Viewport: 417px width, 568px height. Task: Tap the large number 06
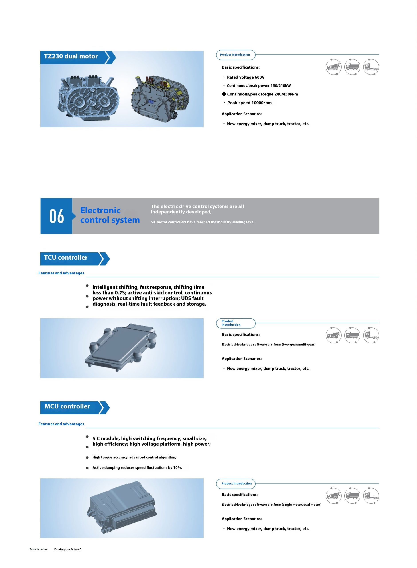pos(57,216)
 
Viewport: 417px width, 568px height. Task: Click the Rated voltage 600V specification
pos(245,77)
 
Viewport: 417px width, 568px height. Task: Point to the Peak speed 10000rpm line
pos(249,103)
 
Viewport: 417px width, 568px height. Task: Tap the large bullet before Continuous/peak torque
pos(224,94)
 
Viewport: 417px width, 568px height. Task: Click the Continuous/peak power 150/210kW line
pos(258,86)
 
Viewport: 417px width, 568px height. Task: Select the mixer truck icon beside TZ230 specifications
pos(333,67)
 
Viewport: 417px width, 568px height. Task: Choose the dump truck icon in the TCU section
pos(352,335)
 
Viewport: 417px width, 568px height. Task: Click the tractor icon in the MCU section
pos(371,495)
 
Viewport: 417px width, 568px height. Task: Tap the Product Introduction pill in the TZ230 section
pos(235,55)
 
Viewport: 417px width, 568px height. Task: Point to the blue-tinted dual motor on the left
pos(88,97)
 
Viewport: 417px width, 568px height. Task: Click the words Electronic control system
pos(110,215)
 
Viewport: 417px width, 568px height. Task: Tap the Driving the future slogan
pos(68,549)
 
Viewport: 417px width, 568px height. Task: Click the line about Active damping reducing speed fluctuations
pos(137,467)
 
